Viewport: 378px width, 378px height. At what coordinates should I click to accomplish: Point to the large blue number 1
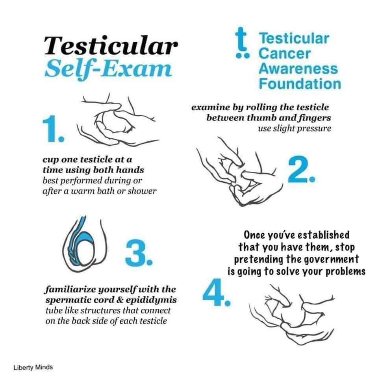coord(54,129)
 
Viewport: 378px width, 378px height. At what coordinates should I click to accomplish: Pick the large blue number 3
coord(139,252)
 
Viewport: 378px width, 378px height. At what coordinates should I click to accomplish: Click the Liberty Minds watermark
coord(33,367)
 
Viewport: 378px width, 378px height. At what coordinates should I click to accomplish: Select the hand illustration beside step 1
coord(117,120)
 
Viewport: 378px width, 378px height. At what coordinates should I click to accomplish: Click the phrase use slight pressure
coord(295,128)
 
